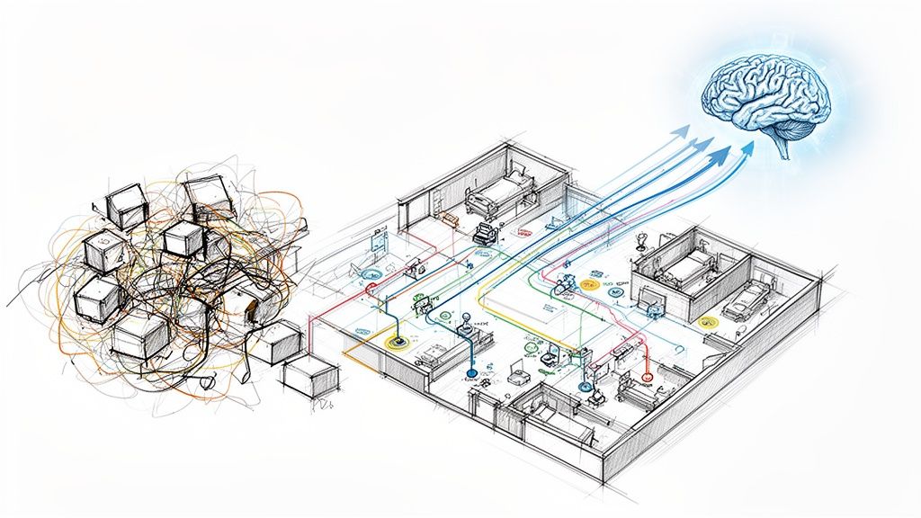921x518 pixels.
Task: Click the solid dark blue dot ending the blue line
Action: (x=470, y=371)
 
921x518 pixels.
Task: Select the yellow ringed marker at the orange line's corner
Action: (x=395, y=342)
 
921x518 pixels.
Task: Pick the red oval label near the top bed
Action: (x=521, y=232)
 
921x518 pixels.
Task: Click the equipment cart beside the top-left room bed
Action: (x=486, y=236)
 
